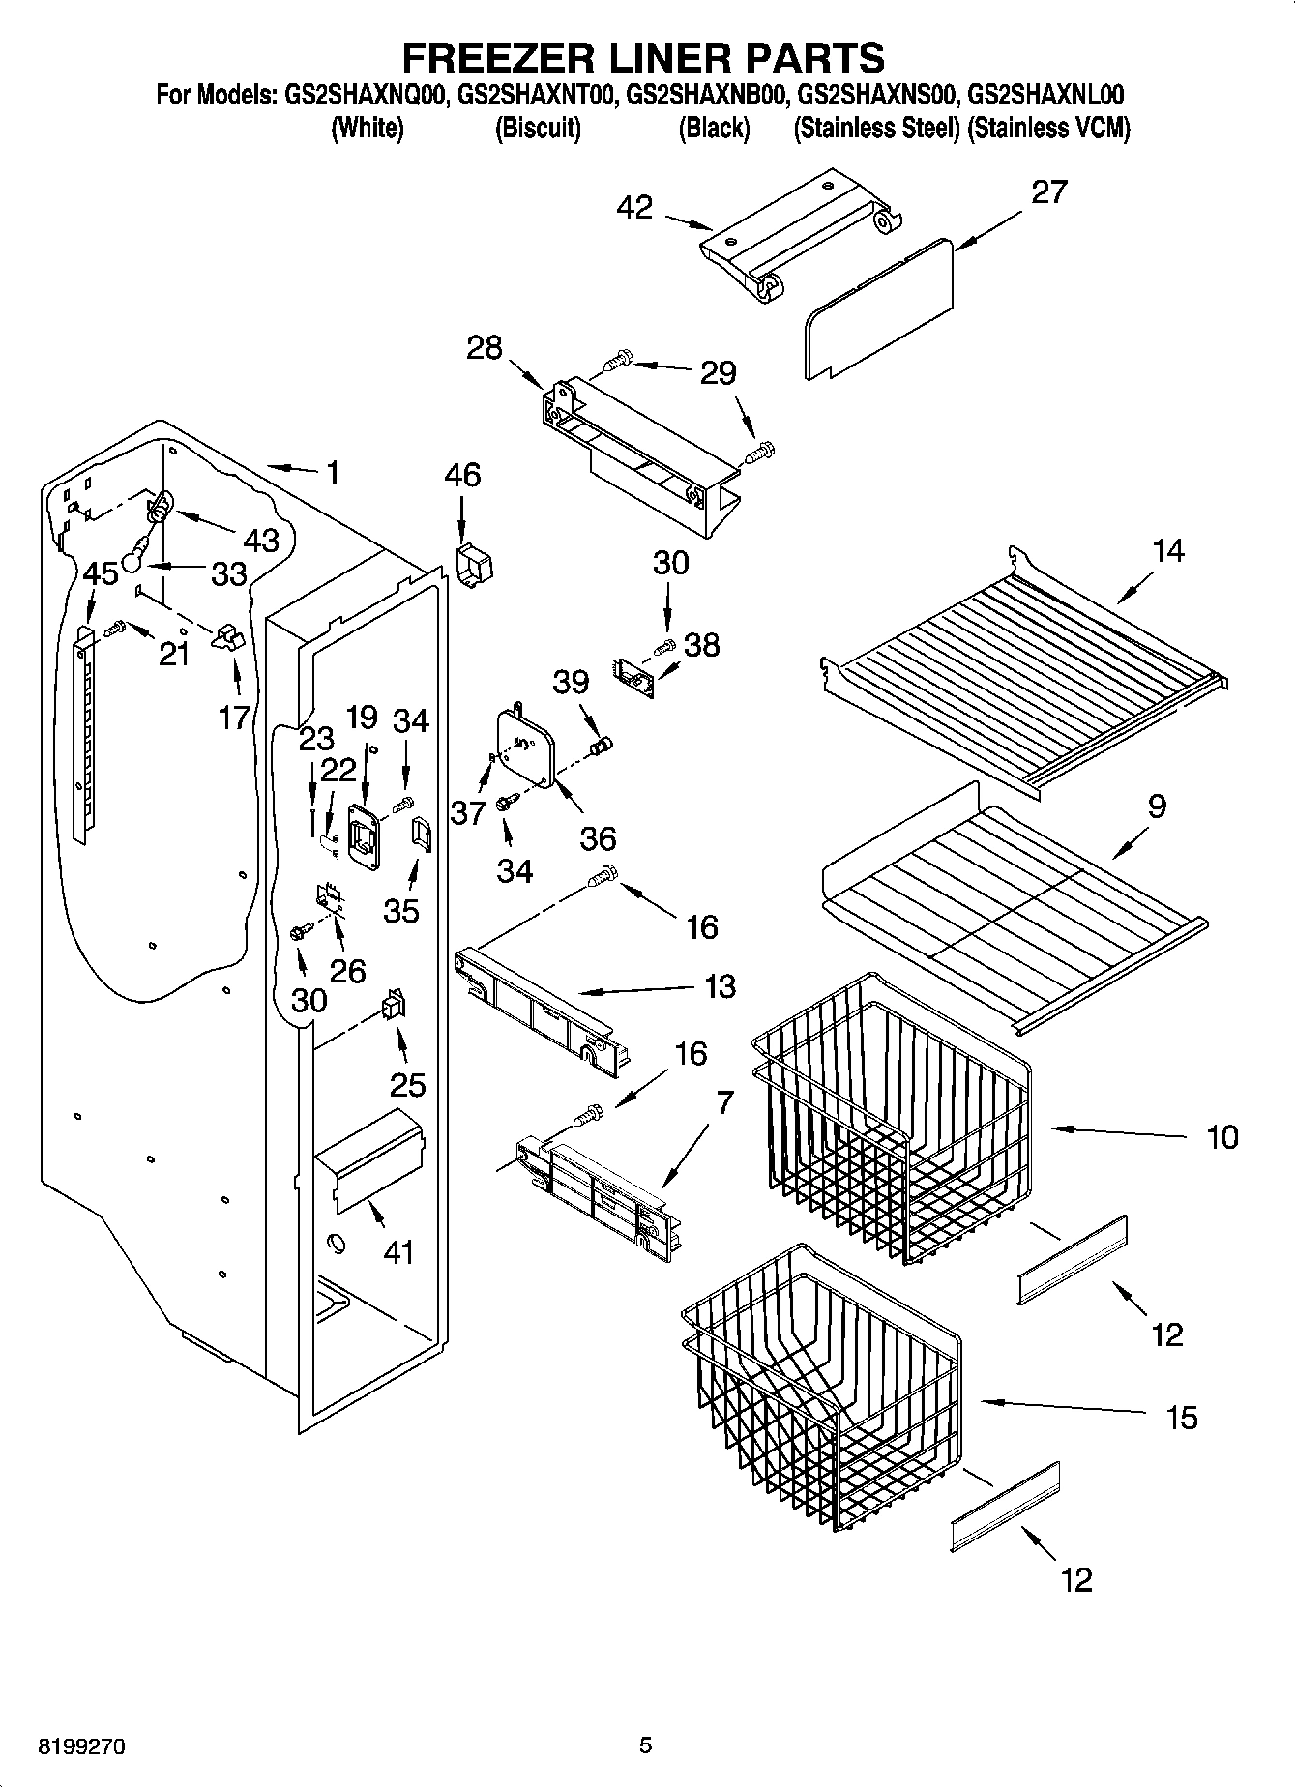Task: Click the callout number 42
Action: click(x=634, y=208)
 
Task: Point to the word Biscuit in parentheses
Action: click(x=538, y=129)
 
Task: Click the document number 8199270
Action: click(x=81, y=1746)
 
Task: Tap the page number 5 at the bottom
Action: click(x=645, y=1745)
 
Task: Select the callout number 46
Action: click(x=462, y=475)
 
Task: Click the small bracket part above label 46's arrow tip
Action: click(x=473, y=565)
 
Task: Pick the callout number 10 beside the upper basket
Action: click(x=1222, y=1136)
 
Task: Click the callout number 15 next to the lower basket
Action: click(x=1182, y=1418)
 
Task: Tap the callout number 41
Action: click(x=397, y=1252)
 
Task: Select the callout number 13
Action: click(x=720, y=986)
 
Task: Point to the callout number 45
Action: click(x=100, y=572)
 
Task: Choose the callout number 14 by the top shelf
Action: click(x=1167, y=551)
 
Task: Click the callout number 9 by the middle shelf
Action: click(x=1156, y=806)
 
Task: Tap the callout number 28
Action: click(x=484, y=348)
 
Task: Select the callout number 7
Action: click(x=725, y=1101)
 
